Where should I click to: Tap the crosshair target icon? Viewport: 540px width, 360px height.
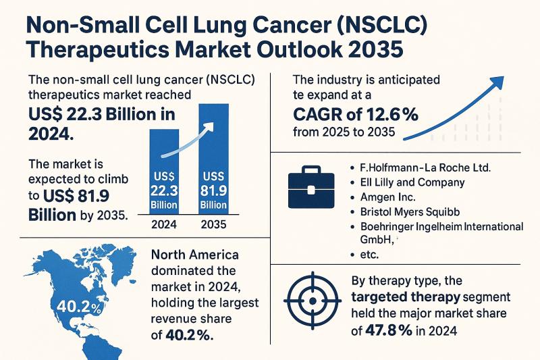coord(313,297)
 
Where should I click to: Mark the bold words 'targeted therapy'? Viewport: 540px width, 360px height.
coord(402,297)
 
